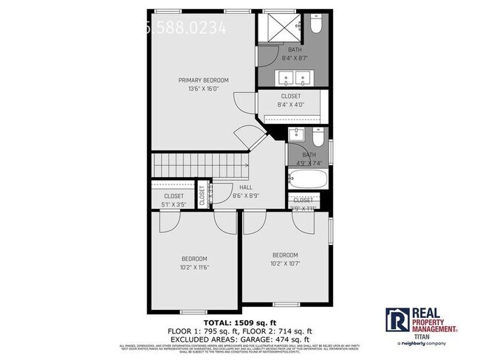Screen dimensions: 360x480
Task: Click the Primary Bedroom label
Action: click(203, 80)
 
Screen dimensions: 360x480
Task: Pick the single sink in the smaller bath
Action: click(296, 134)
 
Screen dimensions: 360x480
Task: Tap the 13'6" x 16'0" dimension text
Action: click(203, 89)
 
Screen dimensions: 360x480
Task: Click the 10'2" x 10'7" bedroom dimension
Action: click(284, 263)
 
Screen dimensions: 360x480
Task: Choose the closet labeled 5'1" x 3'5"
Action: click(174, 200)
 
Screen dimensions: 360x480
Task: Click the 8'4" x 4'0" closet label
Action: click(290, 105)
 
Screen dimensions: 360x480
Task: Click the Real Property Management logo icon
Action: click(397, 320)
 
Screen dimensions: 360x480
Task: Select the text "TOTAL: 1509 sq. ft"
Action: click(239, 322)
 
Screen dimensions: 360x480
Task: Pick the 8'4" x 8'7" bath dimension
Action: click(295, 58)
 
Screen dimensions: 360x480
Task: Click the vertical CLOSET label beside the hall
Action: click(202, 198)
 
